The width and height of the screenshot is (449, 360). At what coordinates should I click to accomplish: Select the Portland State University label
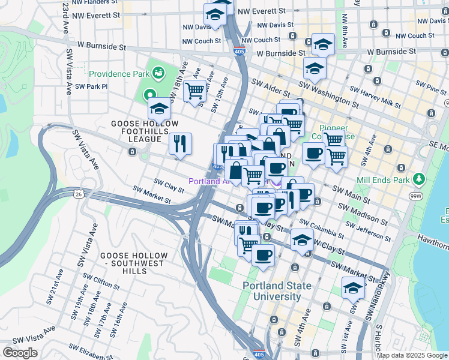277,291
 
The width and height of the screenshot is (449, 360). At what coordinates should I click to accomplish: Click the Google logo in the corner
20,352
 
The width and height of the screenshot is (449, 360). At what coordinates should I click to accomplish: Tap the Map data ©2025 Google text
412,355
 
